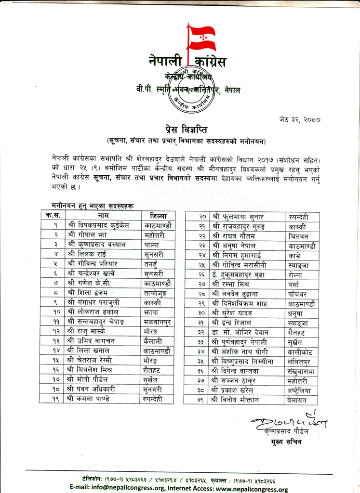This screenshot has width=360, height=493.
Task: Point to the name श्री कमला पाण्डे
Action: [93, 399]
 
